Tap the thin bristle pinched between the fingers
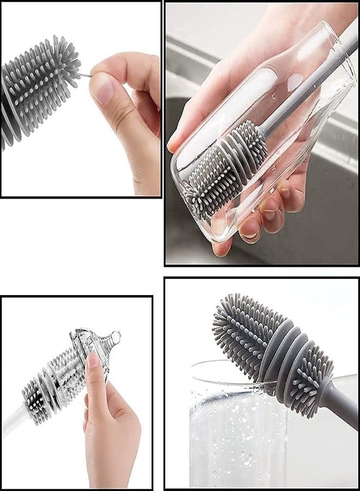85,74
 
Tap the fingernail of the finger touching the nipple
92,361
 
